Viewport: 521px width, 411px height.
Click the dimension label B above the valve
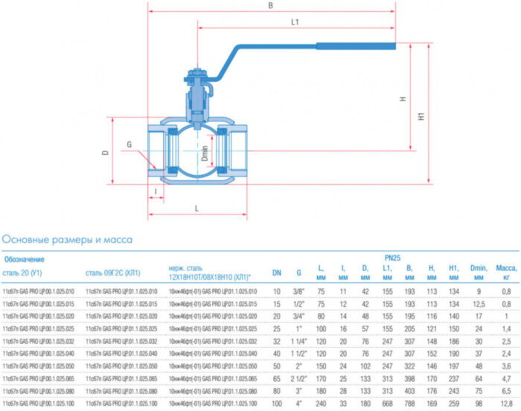click(270, 6)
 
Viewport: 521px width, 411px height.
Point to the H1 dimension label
click(421, 117)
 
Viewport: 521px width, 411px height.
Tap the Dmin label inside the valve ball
click(204, 153)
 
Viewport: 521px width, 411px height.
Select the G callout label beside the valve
click(129, 144)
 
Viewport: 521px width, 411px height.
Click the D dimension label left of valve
click(106, 152)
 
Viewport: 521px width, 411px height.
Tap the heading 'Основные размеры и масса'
click(68, 240)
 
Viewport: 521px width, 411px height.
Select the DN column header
click(276, 273)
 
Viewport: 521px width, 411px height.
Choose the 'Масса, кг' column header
click(506, 273)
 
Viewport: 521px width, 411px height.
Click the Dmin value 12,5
click(479, 304)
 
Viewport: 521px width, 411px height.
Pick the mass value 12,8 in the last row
click(506, 402)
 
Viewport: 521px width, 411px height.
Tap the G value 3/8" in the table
click(299, 291)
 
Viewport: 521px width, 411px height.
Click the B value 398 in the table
click(409, 377)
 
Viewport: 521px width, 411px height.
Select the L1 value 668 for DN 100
click(387, 402)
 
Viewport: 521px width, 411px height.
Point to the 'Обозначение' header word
click(25, 259)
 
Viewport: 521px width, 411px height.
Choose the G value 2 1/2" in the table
click(298, 377)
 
